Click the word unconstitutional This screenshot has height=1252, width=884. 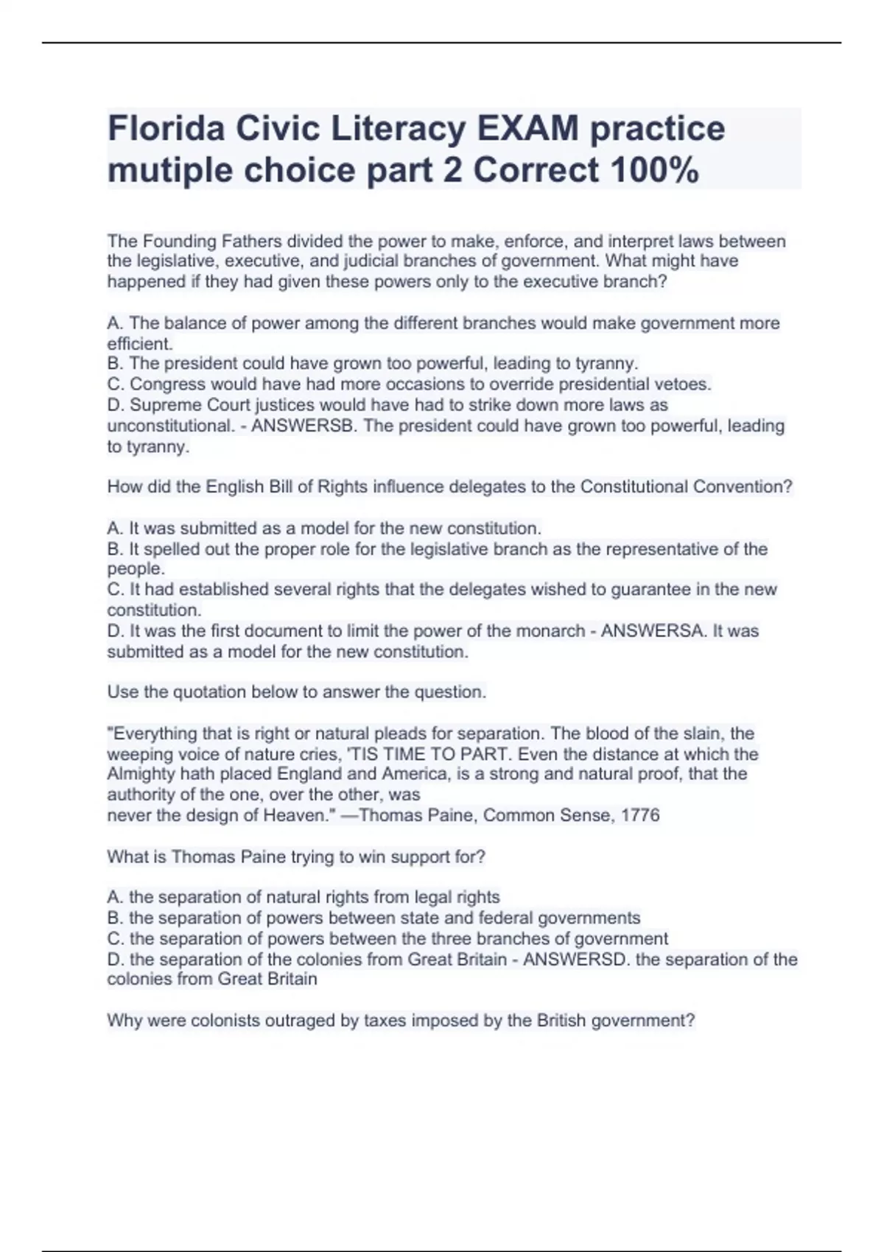170,426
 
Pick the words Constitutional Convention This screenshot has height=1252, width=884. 686,487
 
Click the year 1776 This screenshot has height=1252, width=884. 640,815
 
